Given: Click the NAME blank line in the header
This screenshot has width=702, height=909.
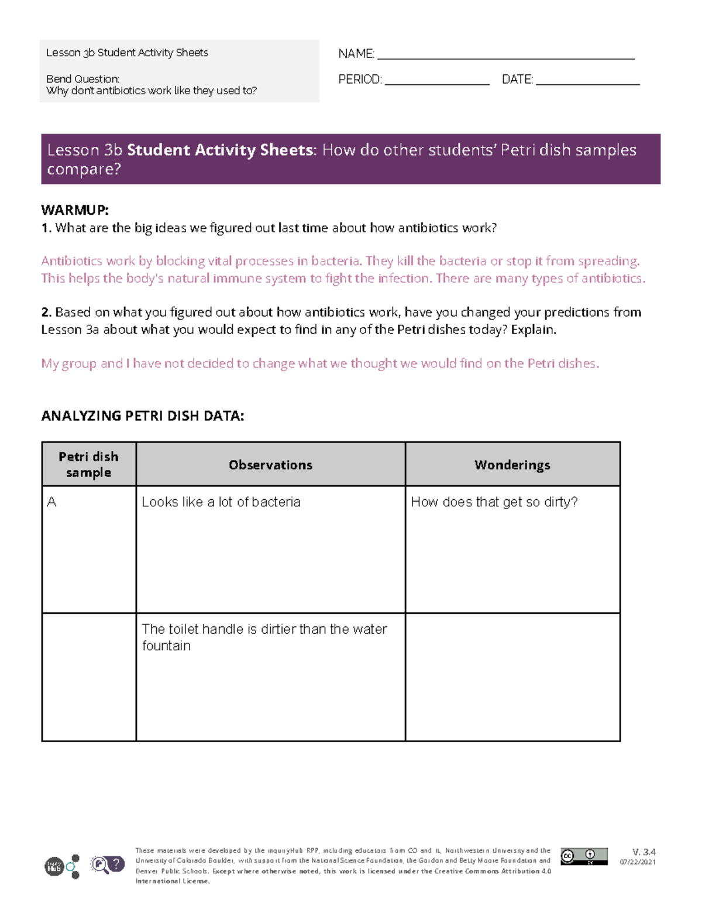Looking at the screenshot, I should (x=506, y=57).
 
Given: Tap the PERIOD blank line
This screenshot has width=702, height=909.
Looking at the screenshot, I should (x=436, y=83).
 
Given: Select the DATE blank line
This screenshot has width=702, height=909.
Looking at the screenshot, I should (x=587, y=83).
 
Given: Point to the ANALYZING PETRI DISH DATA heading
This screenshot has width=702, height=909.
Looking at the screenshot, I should (x=142, y=416).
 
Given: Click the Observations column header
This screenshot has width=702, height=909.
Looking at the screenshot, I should (x=270, y=465).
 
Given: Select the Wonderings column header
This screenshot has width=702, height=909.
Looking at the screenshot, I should (x=512, y=465).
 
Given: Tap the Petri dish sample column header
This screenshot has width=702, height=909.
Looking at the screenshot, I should (x=88, y=464).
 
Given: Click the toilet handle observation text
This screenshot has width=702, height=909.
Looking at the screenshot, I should (x=264, y=637).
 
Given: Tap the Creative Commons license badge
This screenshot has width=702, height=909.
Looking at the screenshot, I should (x=583, y=856).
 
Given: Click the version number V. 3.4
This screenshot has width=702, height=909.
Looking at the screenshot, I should (x=643, y=852).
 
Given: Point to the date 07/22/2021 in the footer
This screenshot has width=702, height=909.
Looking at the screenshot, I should (x=638, y=862).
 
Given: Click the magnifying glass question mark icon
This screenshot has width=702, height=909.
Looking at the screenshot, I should (x=107, y=865).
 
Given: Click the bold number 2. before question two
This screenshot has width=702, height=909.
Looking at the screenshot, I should (x=46, y=313).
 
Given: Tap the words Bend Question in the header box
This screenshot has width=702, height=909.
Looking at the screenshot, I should (x=82, y=79).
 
